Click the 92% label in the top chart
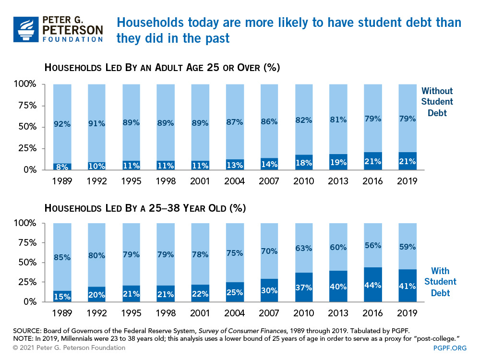pyautogui.click(x=62, y=124)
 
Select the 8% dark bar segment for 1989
pyautogui.click(x=62, y=167)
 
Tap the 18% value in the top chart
pyautogui.click(x=303, y=162)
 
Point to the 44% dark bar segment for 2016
pyautogui.click(x=373, y=285)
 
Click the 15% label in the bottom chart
pyautogui.click(x=62, y=296)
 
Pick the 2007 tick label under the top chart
pyautogui.click(x=269, y=181)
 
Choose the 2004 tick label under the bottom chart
pyautogui.click(x=234, y=313)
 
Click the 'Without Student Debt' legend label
pyautogui.click(x=437, y=102)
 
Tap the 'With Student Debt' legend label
pyautogui.click(x=440, y=281)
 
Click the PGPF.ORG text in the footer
pyautogui.click(x=450, y=348)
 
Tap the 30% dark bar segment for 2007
pyautogui.click(x=269, y=290)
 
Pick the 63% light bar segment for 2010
pyautogui.click(x=303, y=248)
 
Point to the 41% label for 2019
pyautogui.click(x=408, y=286)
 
